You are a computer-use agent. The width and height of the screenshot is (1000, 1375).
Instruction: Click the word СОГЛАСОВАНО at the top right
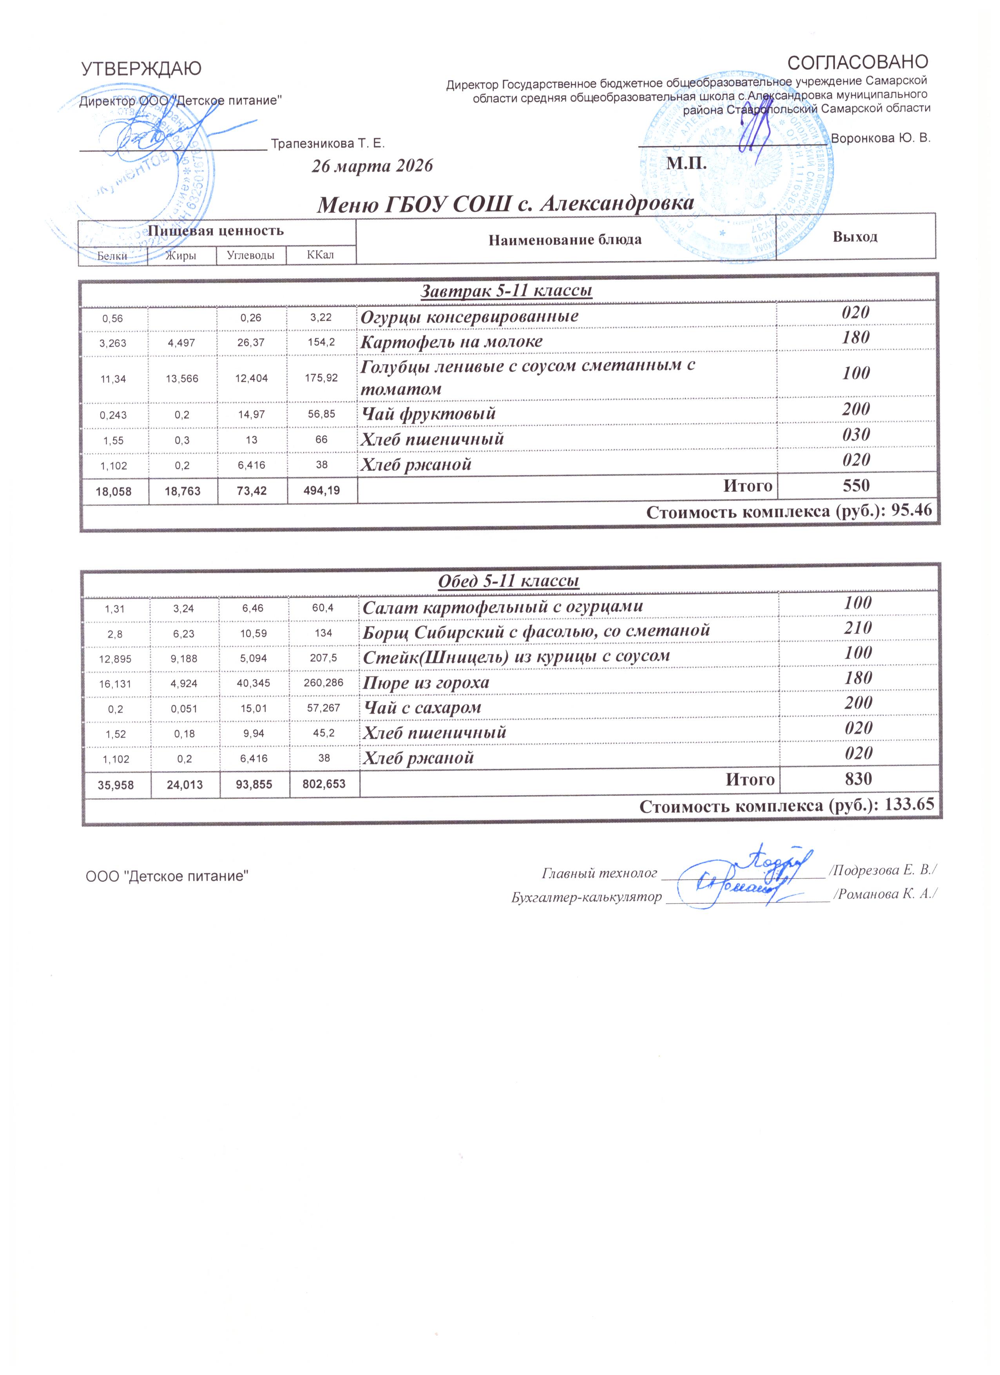pos(857,62)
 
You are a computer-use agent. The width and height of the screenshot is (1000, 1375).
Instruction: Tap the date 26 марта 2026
pos(372,165)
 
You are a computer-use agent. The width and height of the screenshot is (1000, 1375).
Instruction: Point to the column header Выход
pos(855,237)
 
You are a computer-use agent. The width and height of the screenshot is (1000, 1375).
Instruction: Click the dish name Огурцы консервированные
pos(469,317)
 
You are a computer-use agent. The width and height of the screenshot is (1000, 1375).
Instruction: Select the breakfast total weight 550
pos(856,485)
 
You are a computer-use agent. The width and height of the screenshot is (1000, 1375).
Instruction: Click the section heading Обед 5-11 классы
pos(508,581)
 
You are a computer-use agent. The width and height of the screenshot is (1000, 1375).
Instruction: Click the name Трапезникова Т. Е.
pos(328,144)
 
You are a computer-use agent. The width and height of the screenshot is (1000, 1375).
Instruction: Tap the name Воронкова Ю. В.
pos(880,137)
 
